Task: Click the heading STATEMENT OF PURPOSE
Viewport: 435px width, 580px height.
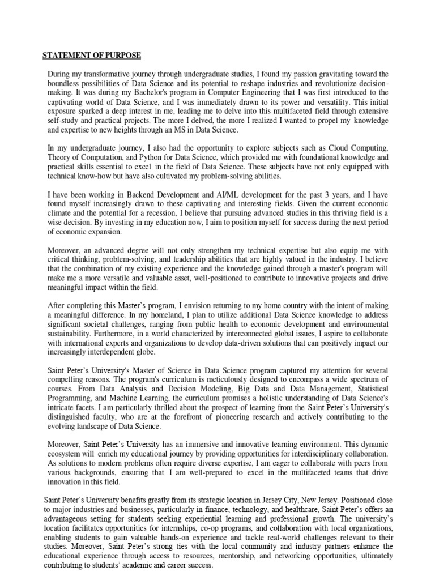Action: coord(92,55)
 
